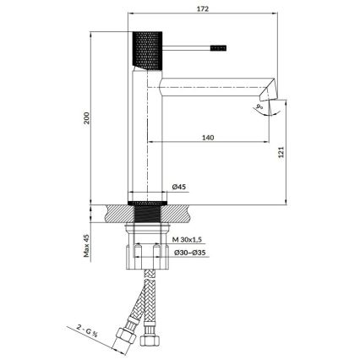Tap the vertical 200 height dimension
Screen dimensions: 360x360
pos(86,118)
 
